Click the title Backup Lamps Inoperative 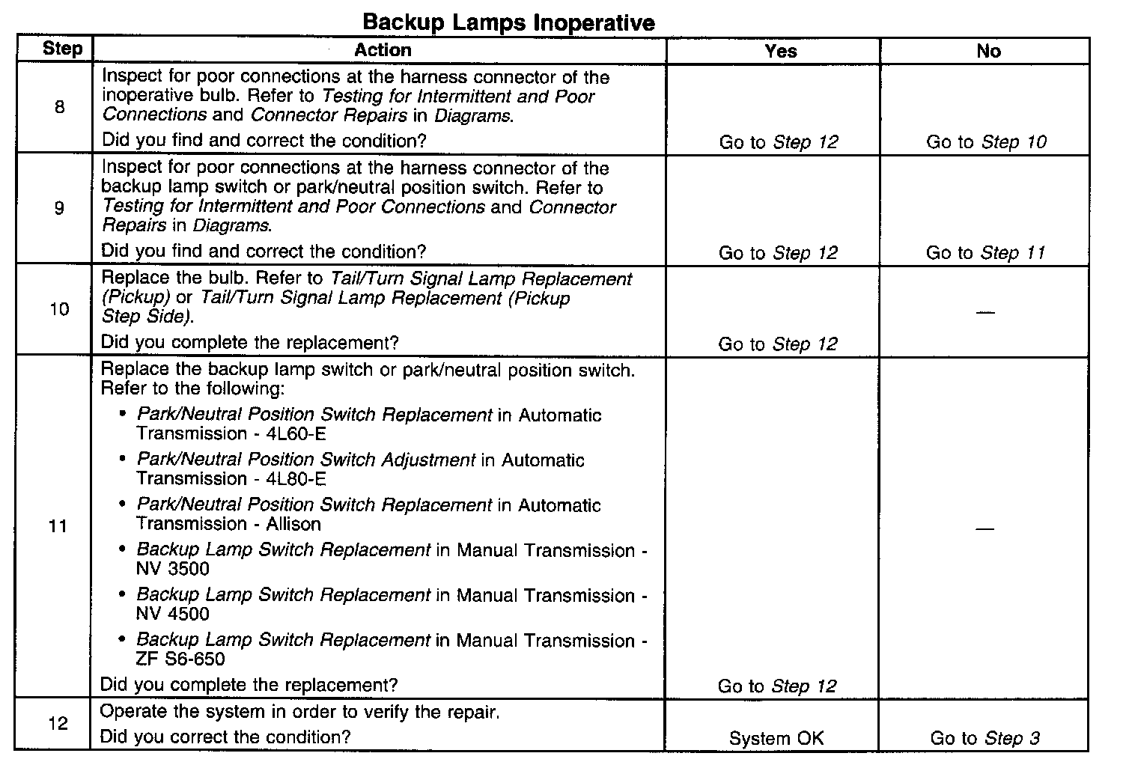tap(508, 22)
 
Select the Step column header tap(63, 49)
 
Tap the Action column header tap(383, 50)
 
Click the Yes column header tap(780, 51)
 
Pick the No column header tap(988, 51)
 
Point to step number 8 tap(60, 107)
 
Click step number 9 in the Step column tap(60, 208)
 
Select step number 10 tap(59, 309)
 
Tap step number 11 tap(58, 526)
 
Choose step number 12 tap(58, 723)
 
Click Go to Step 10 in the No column tap(986, 142)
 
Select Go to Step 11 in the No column tap(985, 253)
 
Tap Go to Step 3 tap(985, 738)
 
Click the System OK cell tap(776, 738)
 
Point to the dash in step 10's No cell tap(986, 311)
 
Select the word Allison tap(293, 524)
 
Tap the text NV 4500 tap(173, 614)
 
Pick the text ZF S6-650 tap(180, 659)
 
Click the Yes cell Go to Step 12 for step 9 tap(778, 253)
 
